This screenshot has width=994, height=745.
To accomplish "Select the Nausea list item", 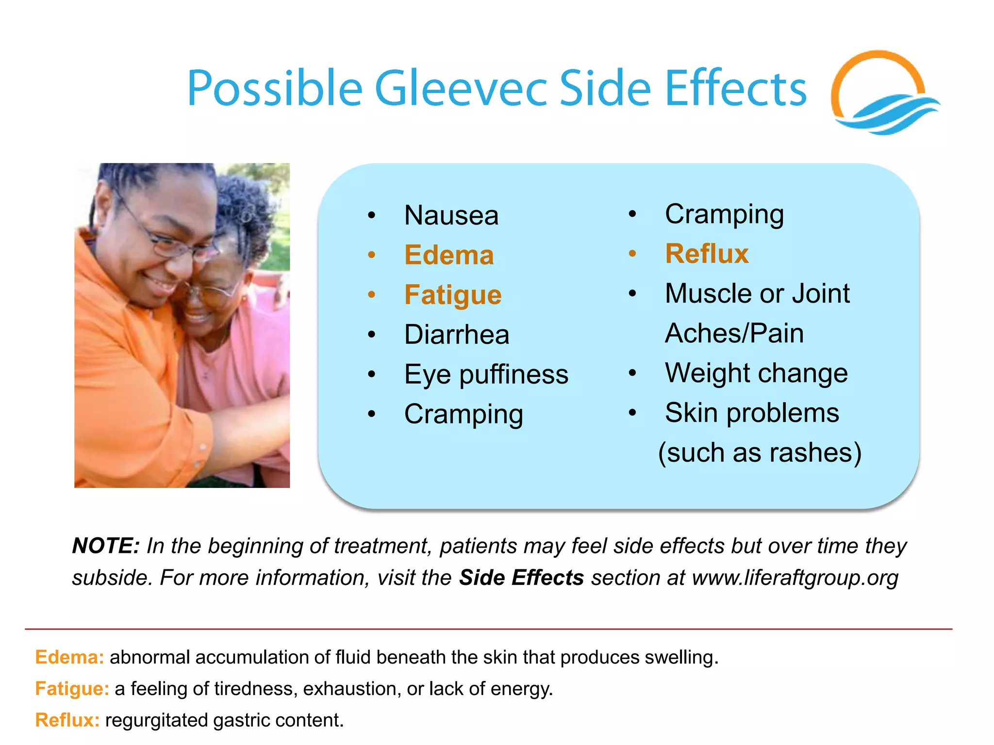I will point(451,215).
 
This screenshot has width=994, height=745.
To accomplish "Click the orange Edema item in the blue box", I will point(449,255).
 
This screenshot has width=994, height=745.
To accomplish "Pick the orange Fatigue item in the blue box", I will point(453,295).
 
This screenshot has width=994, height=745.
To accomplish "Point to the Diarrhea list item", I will point(456,335).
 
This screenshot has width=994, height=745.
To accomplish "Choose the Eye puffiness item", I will point(486,374).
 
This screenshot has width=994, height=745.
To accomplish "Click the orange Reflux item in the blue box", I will point(707,254).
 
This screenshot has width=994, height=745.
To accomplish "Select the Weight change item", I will point(756,373).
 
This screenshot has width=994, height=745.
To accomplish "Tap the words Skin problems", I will point(751,413).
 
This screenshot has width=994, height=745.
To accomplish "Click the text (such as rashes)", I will point(760,453).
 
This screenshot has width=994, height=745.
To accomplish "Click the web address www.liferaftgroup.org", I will point(795,578).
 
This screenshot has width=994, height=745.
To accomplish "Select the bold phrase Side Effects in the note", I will point(521,578).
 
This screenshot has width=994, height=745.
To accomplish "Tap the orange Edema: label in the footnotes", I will point(69,657).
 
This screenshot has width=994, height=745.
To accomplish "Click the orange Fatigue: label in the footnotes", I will point(72,689).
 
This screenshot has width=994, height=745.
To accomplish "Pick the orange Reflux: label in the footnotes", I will point(67,720).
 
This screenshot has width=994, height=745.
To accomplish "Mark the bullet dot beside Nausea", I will point(372,215).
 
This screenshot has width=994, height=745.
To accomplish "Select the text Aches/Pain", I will point(734,333).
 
